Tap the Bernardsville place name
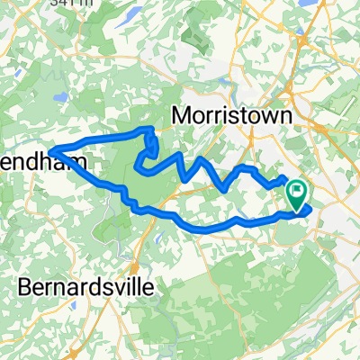86,288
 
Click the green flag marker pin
297,192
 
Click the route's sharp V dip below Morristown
222,190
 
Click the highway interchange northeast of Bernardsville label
135,266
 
